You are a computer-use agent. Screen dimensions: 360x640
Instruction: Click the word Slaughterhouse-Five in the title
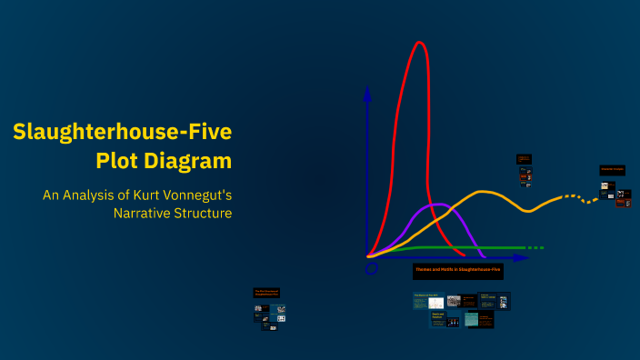122,133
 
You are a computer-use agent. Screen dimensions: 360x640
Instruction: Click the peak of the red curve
419,43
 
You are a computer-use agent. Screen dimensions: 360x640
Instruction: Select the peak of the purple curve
438,204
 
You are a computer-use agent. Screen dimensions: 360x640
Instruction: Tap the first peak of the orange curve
484,192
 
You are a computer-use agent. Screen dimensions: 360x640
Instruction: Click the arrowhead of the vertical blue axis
367,92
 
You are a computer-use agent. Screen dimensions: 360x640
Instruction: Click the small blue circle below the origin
371,269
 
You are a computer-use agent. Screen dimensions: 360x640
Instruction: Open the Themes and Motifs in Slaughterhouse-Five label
457,270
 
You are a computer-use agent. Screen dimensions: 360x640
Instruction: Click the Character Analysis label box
612,170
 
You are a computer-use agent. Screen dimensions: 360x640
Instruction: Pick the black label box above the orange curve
524,158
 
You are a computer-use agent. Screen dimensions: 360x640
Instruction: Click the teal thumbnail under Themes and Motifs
471,319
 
